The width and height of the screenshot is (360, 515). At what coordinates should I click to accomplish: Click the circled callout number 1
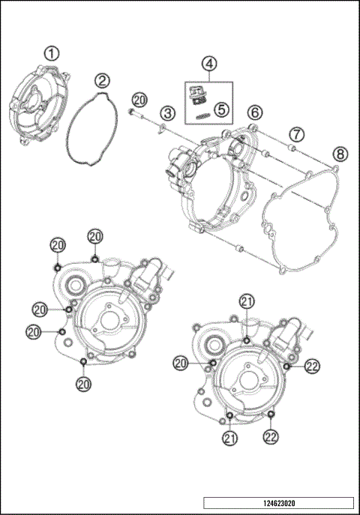tap(51, 53)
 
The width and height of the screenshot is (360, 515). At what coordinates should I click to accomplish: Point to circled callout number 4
tap(209, 63)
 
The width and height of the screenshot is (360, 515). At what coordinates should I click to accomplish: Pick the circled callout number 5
tap(220, 108)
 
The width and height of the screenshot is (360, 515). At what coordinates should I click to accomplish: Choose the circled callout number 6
tap(255, 112)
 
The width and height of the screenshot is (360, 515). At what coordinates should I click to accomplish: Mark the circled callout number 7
tap(297, 134)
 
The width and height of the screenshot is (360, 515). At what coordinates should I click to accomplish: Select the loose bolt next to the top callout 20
tap(133, 112)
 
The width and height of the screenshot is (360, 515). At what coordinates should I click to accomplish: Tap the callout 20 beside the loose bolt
tap(139, 99)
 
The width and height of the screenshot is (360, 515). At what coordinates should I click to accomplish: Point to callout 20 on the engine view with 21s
tap(180, 362)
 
